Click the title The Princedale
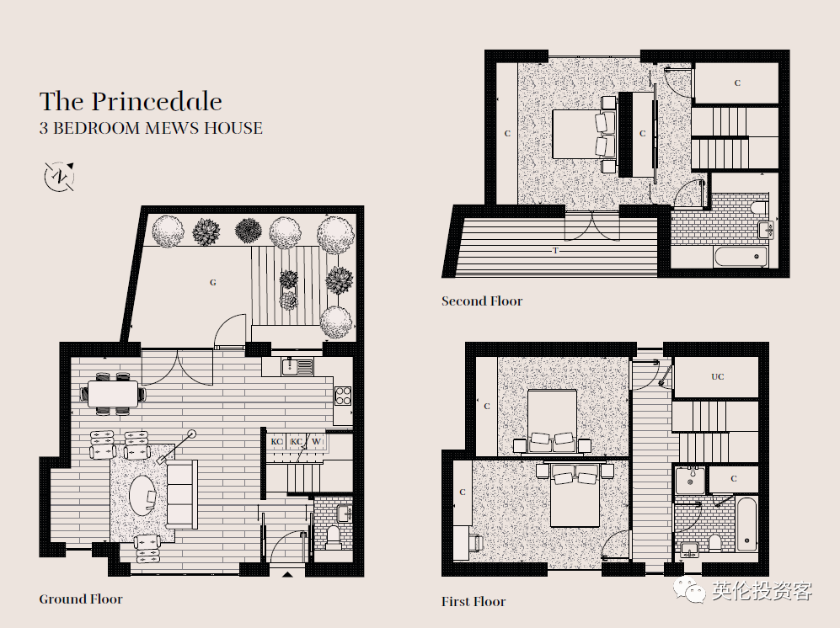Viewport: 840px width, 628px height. tap(131, 102)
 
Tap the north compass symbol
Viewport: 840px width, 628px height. tap(59, 176)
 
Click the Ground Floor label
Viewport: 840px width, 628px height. tap(81, 599)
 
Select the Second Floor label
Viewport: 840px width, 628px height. tap(482, 301)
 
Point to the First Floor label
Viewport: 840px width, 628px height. tap(474, 601)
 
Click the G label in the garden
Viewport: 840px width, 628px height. tap(212, 282)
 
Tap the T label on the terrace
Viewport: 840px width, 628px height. tap(555, 250)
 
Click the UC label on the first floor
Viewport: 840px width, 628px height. tap(717, 376)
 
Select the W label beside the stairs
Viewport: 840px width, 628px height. tap(317, 441)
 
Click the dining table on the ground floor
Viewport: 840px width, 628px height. tap(113, 393)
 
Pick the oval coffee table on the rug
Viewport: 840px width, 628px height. tap(143, 495)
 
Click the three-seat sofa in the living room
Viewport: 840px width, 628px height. tap(182, 495)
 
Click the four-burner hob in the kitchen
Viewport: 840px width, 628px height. tap(343, 396)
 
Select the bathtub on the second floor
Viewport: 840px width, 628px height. tap(741, 257)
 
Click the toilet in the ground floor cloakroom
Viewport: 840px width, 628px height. tap(334, 536)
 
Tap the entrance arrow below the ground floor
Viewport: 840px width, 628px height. tap(287, 574)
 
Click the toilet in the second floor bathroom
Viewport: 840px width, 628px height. tap(760, 207)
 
